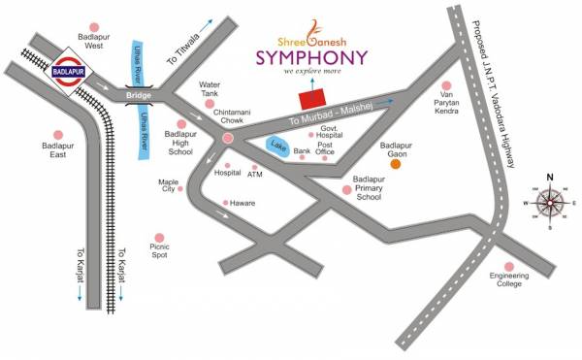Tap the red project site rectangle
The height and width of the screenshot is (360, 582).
pyautogui.click(x=311, y=98)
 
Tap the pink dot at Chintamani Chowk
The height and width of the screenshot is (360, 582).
pyautogui.click(x=228, y=139)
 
